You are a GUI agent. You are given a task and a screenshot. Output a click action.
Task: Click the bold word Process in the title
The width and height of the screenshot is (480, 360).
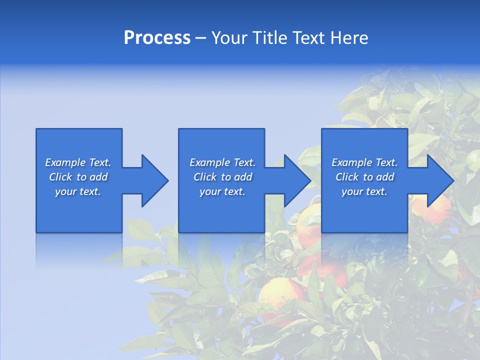pos(157,38)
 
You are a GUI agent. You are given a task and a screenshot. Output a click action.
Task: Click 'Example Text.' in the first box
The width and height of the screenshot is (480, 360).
pos(78,162)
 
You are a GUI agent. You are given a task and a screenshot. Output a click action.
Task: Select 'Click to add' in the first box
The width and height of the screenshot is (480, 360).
pos(78,177)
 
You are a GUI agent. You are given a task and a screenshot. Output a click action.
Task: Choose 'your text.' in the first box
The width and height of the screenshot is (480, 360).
pos(78,191)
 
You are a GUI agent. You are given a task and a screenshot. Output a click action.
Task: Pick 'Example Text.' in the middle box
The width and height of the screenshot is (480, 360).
pos(222,162)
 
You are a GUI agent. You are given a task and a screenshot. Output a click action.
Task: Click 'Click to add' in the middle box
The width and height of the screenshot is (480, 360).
pos(222,177)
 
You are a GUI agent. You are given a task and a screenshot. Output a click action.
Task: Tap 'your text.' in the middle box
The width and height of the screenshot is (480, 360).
pos(222,191)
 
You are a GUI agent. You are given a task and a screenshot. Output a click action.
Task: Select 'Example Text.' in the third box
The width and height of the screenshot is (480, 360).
pos(364,162)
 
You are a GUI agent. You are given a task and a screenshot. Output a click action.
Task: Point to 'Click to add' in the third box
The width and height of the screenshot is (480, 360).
pos(364,177)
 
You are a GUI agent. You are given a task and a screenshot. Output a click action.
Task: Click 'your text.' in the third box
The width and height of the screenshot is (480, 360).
pos(364,191)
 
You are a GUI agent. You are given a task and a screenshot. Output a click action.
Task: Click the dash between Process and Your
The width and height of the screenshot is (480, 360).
pos(200,38)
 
